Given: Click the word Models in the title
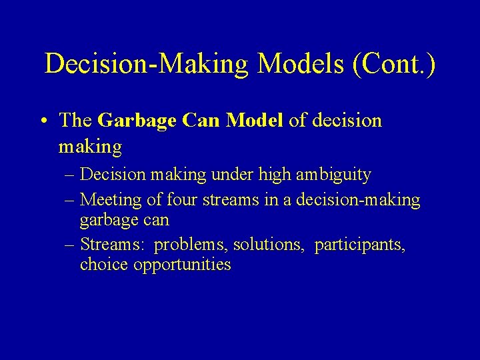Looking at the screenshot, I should pos(299,63).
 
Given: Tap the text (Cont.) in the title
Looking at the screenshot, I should pos(391,63).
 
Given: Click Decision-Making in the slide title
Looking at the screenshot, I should pos(147,63).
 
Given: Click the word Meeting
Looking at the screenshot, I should pos(110,199).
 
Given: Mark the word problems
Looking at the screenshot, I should pos(191,245).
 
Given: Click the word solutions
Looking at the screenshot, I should pos(271,245).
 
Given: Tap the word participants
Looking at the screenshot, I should pos(360,245).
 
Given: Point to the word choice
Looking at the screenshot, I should pos(104,265).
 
